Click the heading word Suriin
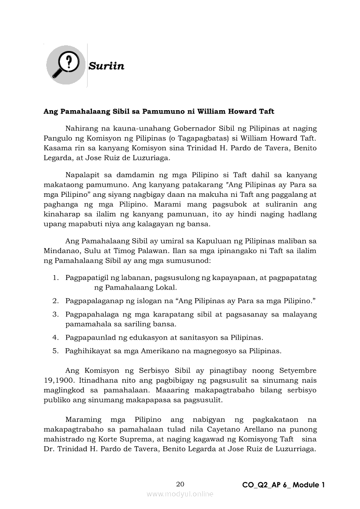(x=106, y=66)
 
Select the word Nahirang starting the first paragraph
(x=82, y=128)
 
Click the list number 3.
(x=55, y=314)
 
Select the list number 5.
(x=55, y=351)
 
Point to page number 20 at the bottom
(x=180, y=484)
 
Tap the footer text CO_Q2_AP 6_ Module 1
(x=283, y=485)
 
